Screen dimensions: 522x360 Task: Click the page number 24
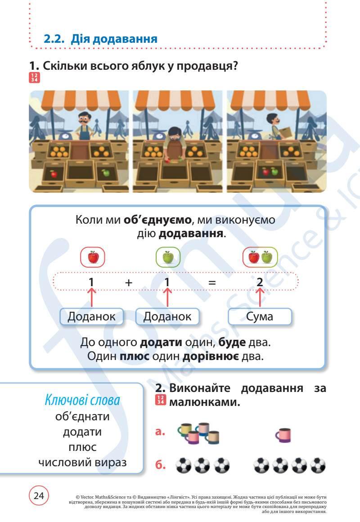coord(39,495)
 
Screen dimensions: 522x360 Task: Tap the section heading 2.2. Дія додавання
coord(100,39)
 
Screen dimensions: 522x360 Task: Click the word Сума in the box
coord(260,316)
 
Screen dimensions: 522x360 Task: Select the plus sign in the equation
coord(129,283)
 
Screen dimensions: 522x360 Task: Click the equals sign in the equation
coord(212,283)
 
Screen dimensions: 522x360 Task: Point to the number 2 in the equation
coord(260,283)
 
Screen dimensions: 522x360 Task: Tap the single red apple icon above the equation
coord(93,257)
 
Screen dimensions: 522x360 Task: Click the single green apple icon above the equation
coord(168,257)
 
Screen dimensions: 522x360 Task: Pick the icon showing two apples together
coord(260,257)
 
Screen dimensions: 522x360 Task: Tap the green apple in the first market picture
coord(106,172)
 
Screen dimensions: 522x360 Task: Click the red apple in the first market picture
coord(54,174)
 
